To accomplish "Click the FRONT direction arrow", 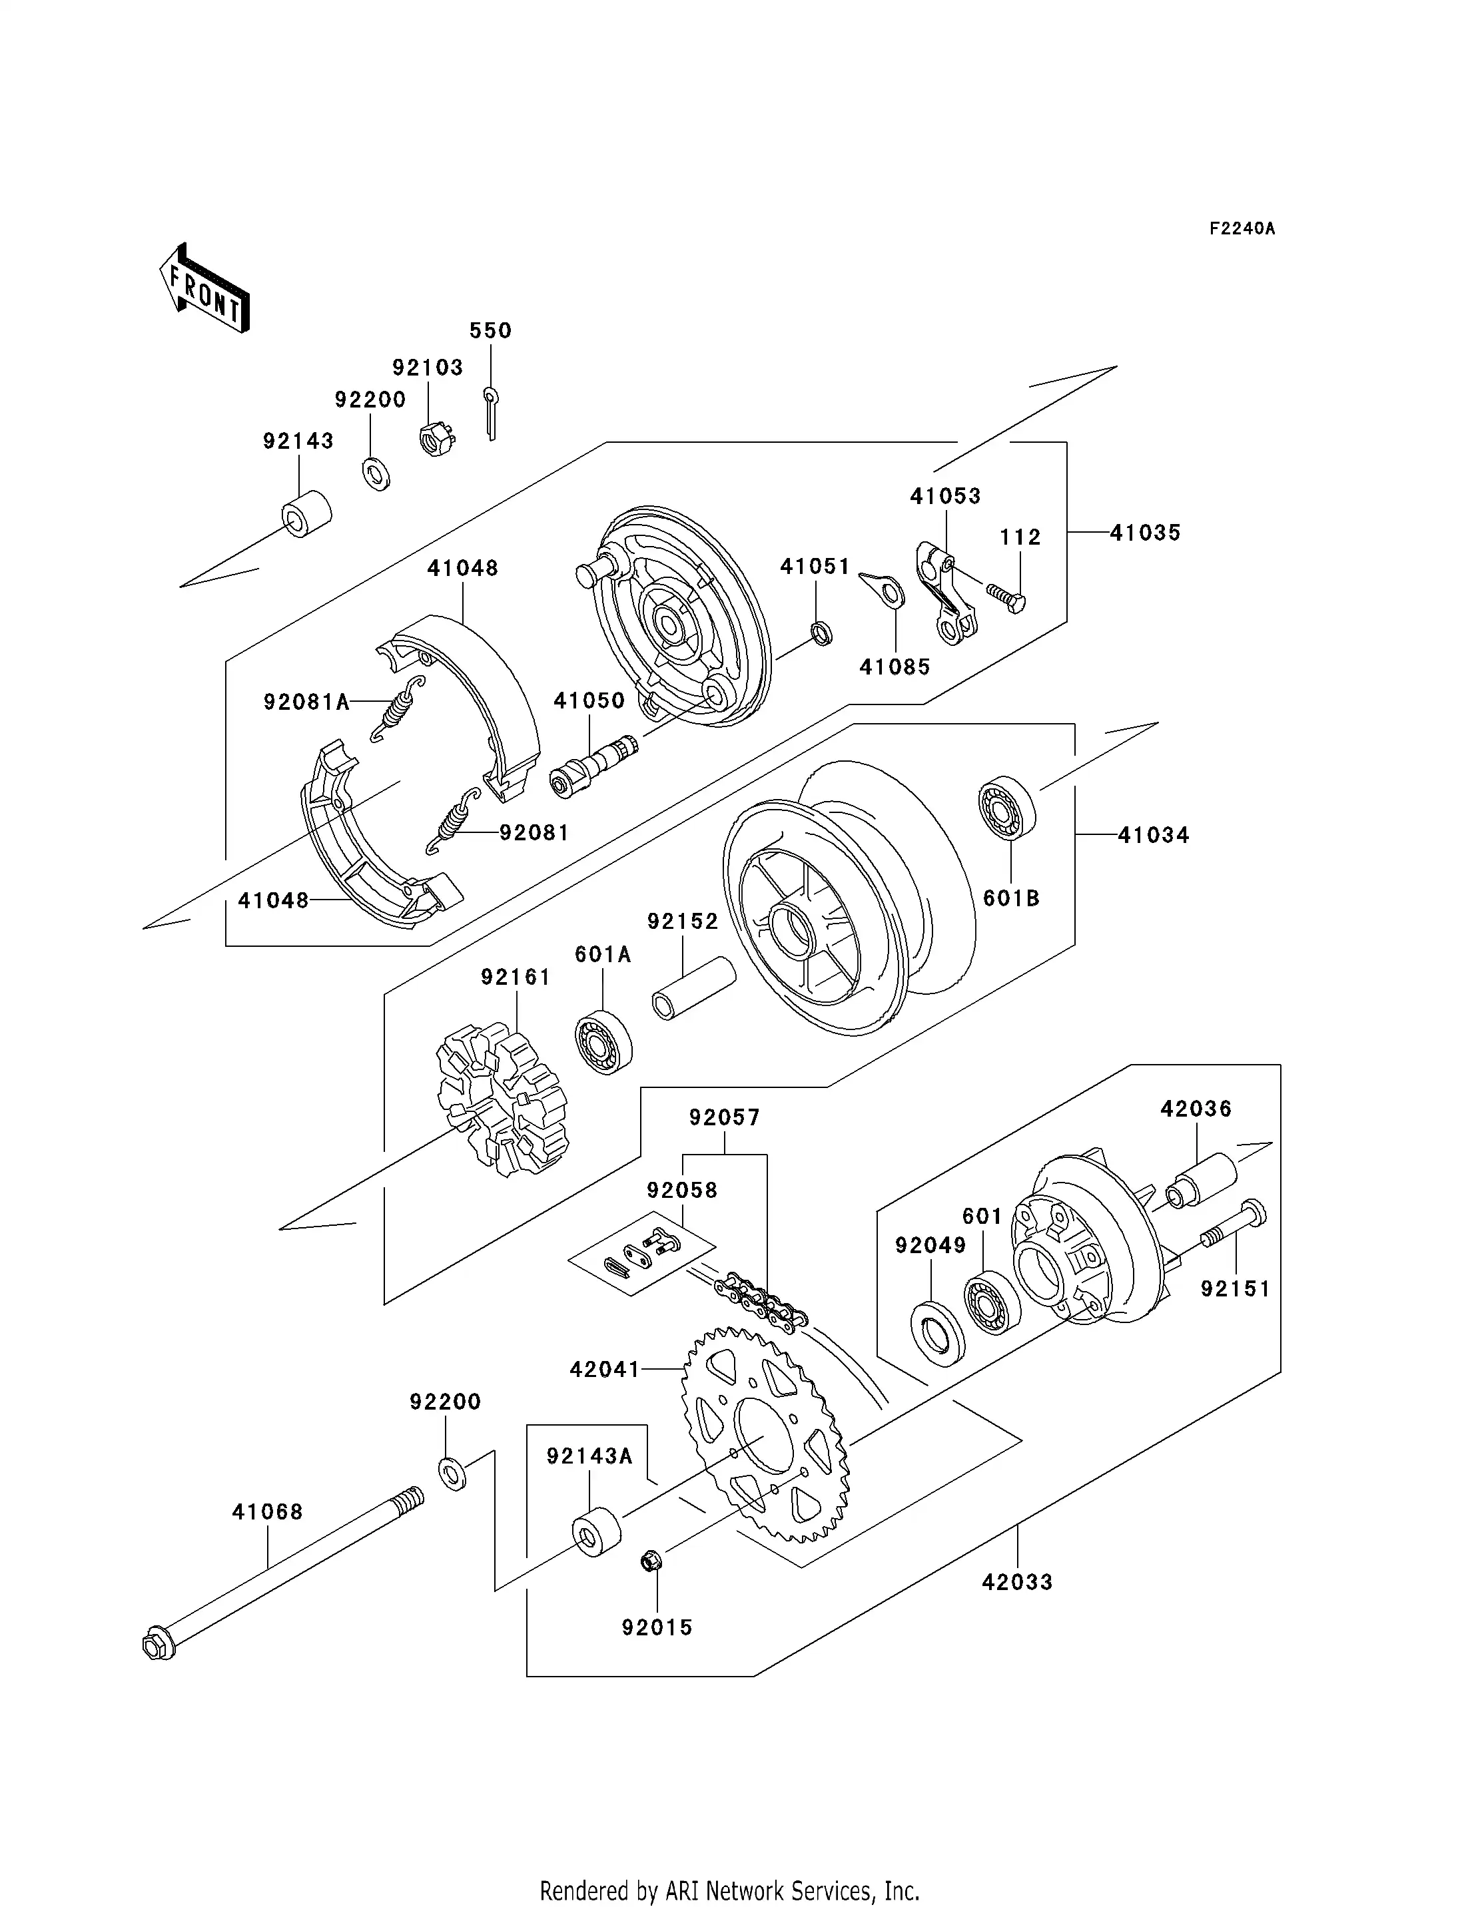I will point(205,290).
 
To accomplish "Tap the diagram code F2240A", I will point(1242,230).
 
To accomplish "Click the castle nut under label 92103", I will point(436,439).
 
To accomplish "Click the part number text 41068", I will point(267,1513).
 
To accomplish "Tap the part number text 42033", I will point(1017,1582).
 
